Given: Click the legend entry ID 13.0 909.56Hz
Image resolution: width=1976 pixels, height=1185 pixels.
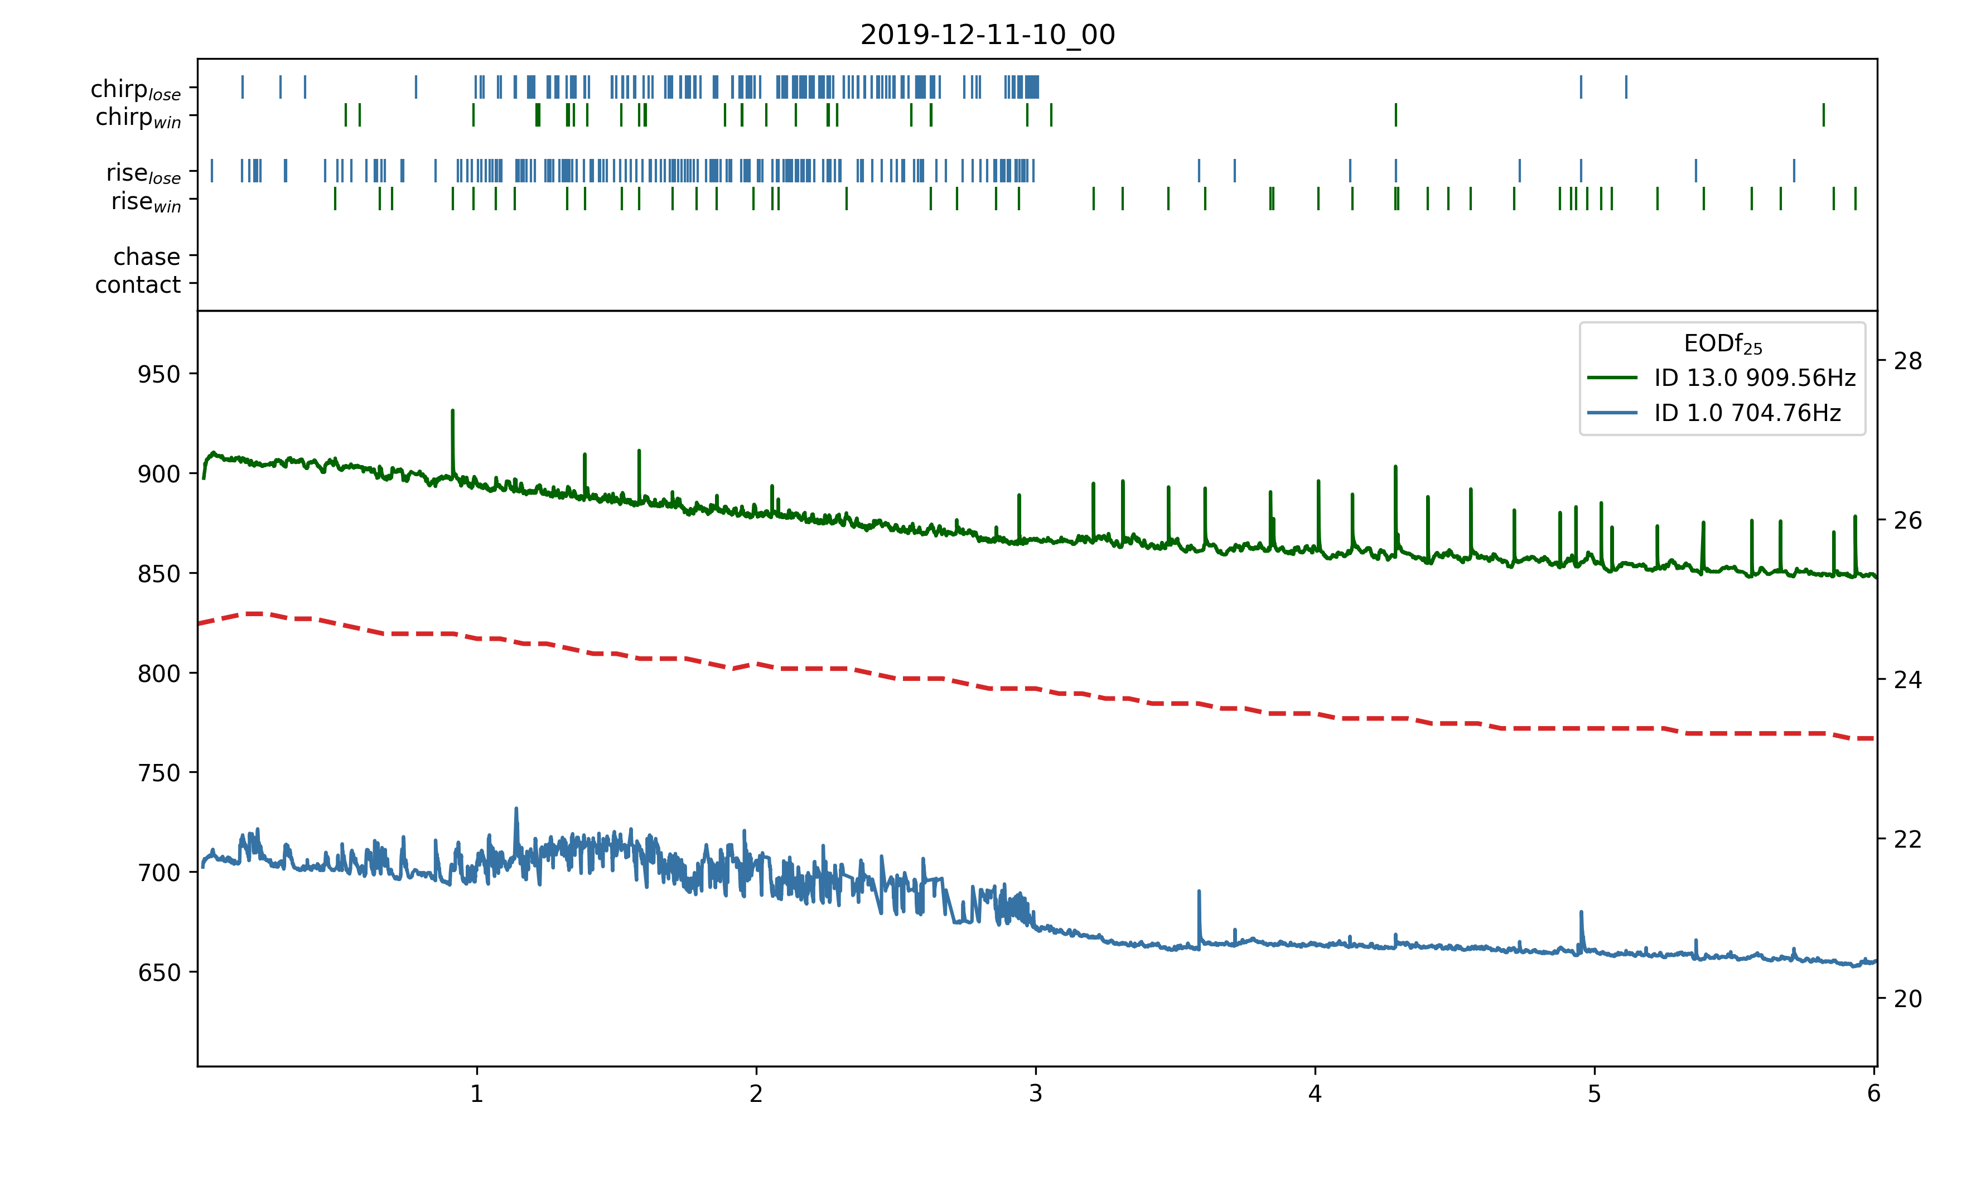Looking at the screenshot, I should (x=1754, y=378).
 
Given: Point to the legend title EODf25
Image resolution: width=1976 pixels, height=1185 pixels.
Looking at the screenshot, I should (x=1722, y=344).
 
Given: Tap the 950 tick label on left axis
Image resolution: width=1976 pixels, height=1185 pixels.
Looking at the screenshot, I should (x=159, y=375).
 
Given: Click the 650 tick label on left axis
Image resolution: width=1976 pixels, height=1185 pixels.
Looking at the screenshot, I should (x=159, y=973).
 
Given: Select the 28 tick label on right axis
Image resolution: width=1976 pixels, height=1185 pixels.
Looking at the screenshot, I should (x=1907, y=362).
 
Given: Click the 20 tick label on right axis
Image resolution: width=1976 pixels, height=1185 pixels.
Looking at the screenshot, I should (x=1907, y=999).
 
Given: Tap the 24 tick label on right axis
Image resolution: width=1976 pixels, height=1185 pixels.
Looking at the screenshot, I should (x=1907, y=680).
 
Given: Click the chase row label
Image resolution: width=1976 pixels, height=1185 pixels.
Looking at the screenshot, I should (x=147, y=257).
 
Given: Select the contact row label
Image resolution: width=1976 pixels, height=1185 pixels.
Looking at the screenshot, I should (x=138, y=285).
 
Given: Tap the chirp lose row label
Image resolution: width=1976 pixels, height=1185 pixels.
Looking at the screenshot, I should (x=136, y=89).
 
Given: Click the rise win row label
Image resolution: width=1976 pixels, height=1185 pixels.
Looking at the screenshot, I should (x=146, y=202).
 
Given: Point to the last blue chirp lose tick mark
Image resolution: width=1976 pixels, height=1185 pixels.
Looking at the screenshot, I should (x=1626, y=86).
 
